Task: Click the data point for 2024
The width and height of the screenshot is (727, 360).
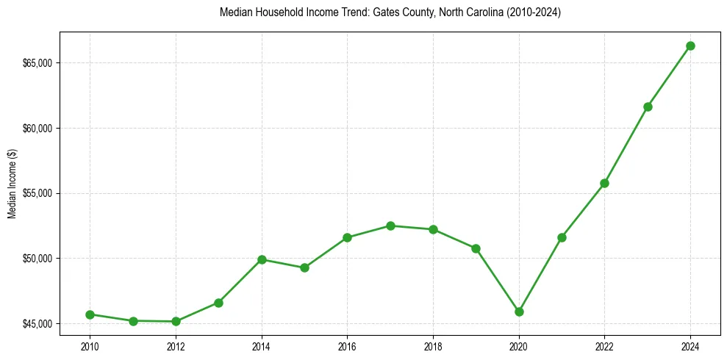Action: [x=690, y=46]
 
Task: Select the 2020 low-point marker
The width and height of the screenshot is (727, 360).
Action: [x=519, y=312]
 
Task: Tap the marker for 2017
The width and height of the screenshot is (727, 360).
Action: [x=390, y=226]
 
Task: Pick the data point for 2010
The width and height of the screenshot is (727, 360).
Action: [x=90, y=314]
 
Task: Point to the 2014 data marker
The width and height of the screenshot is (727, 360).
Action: [x=262, y=259]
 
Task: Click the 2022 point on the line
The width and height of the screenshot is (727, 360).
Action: [x=604, y=183]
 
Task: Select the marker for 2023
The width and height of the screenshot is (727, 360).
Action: [x=648, y=107]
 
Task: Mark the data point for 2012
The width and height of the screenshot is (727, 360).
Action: [x=176, y=321]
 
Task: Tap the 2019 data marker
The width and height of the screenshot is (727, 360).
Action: [x=476, y=248]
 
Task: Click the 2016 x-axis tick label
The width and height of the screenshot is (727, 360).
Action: [x=347, y=345]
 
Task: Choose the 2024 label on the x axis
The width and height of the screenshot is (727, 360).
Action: [x=690, y=345]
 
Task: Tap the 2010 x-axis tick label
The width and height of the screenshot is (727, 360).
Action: [x=90, y=345]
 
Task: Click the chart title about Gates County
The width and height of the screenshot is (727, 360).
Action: [x=390, y=12]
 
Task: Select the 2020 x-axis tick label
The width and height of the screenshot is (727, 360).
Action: [x=519, y=345]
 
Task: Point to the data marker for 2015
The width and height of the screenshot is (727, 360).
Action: [x=304, y=267]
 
